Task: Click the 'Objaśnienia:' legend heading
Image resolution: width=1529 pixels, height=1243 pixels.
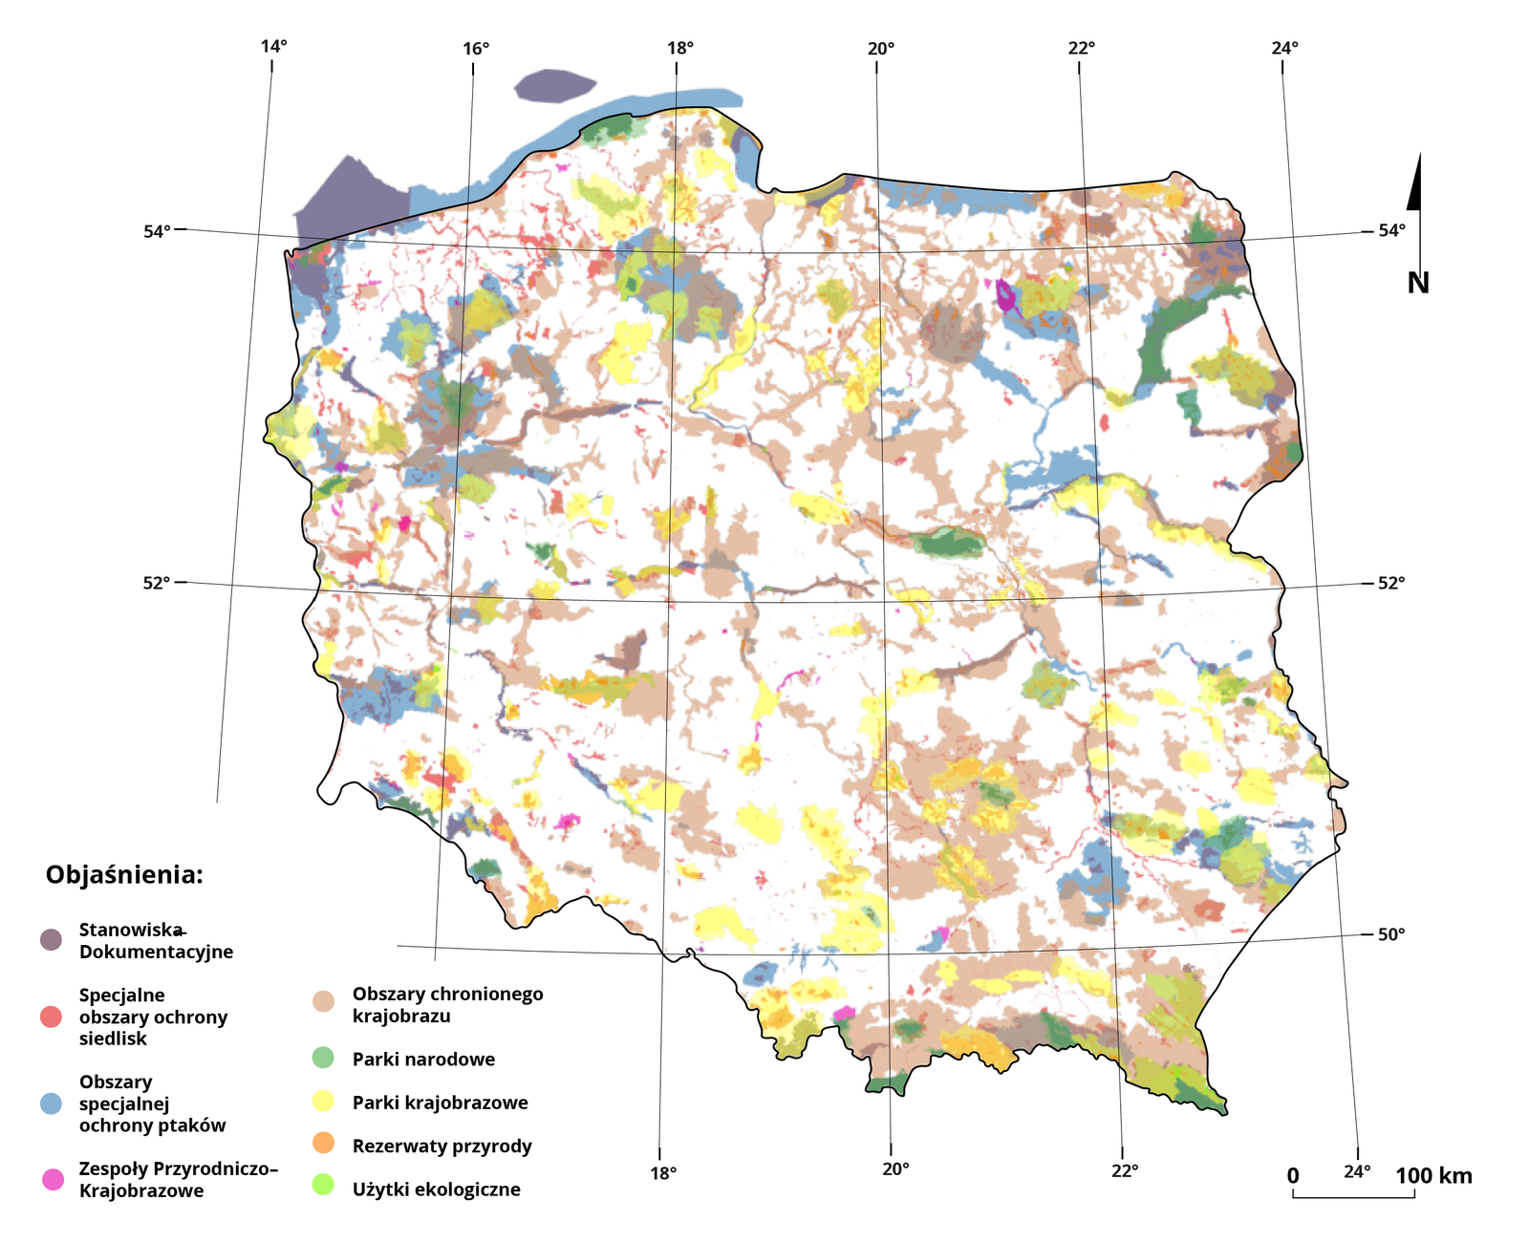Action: [x=124, y=875]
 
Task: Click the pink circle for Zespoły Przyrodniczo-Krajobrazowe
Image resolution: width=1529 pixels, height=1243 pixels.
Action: [x=53, y=1179]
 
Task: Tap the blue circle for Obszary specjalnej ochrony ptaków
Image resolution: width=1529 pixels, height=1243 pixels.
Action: [x=51, y=1104]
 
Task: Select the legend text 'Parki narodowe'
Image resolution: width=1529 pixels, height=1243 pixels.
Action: [x=423, y=1059]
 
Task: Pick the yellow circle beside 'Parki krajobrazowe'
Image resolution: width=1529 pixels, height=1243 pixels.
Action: [x=324, y=1102]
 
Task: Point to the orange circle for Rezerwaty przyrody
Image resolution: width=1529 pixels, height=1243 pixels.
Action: [x=324, y=1145]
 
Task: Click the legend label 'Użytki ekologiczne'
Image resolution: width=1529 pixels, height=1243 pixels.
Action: [x=436, y=1189]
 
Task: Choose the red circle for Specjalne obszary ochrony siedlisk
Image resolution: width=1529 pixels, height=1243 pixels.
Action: [x=51, y=1017]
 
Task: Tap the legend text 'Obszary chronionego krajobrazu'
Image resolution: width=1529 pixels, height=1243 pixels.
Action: [x=447, y=1005]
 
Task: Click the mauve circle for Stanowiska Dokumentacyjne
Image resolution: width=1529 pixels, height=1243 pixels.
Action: [x=51, y=939]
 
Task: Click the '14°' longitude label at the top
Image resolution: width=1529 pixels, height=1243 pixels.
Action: [x=273, y=47]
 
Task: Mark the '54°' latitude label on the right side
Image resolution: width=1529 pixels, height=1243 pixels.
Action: [x=1390, y=230]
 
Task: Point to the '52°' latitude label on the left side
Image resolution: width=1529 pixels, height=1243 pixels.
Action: [x=157, y=583]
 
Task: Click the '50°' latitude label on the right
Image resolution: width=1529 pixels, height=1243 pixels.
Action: [x=1390, y=934]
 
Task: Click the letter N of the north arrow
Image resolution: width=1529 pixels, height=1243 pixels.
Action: [x=1418, y=283]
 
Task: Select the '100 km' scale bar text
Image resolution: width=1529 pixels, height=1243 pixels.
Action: [x=1433, y=1176]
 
